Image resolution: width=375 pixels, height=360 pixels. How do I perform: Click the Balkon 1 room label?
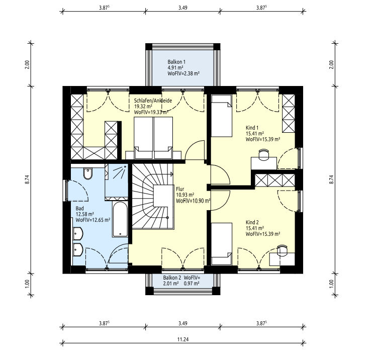click(176, 62)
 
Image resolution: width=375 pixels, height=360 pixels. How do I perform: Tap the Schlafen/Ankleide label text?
click(153, 101)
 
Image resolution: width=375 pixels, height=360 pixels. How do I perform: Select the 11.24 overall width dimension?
click(183, 339)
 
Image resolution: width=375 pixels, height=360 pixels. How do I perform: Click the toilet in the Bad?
click(88, 173)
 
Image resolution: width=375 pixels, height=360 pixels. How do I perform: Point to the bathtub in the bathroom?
click(120, 219)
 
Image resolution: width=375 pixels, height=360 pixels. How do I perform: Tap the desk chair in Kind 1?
click(264, 154)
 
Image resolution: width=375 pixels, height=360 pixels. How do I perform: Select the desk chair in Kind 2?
click(282, 251)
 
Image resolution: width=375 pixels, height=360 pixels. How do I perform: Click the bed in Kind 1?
click(222, 116)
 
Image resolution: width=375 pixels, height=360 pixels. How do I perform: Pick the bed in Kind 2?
click(222, 244)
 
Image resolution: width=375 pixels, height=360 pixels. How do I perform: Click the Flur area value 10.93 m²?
click(185, 195)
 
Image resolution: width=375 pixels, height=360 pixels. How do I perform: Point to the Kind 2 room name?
click(252, 222)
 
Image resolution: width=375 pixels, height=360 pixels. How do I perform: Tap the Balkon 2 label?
click(172, 278)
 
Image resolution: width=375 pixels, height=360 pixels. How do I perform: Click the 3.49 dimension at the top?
click(182, 8)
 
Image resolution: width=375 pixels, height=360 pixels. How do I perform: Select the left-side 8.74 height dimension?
click(27, 179)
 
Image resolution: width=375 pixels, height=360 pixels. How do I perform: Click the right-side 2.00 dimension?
click(331, 64)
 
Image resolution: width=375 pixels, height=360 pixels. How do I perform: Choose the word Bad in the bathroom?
click(79, 208)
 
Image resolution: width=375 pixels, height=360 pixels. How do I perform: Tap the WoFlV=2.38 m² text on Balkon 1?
click(183, 74)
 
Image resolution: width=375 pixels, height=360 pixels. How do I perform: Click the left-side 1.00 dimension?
click(27, 284)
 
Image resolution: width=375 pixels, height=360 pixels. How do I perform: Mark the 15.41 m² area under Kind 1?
click(255, 133)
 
